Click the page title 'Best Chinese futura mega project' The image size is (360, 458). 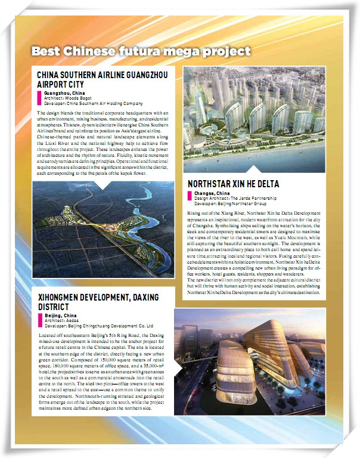click(141, 51)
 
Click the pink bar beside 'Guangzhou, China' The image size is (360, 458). click(39, 98)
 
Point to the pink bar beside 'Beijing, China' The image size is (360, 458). click(40, 320)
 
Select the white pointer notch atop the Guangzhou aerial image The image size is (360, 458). click(103, 185)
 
